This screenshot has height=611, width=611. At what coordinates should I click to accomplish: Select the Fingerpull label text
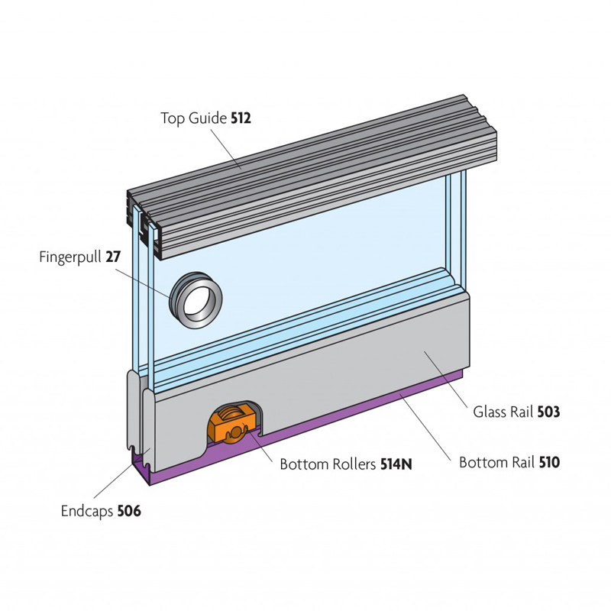[x=71, y=257]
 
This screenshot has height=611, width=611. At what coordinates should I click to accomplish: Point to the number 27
[x=113, y=257]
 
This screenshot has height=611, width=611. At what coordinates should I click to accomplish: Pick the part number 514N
[x=396, y=464]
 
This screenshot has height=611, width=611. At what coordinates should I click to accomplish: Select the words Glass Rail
[x=503, y=412]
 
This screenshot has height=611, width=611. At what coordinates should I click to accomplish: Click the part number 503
[x=548, y=412]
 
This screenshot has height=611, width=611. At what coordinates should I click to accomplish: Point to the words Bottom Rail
[x=496, y=462]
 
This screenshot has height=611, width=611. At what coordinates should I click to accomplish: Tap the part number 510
[x=550, y=462]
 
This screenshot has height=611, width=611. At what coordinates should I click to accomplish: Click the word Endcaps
[x=87, y=511]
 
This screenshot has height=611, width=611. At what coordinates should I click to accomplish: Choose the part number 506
[x=129, y=511]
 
